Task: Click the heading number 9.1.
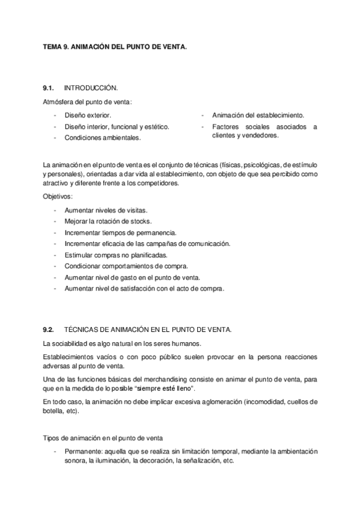click(49, 88)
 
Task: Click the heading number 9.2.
click(49, 330)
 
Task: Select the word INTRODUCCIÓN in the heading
click(91, 88)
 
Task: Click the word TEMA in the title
click(53, 45)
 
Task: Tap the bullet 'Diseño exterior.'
click(88, 114)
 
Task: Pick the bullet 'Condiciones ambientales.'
click(103, 137)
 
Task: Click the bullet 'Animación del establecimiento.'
click(258, 114)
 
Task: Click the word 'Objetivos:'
click(58, 197)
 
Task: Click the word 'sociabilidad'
click(71, 343)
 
